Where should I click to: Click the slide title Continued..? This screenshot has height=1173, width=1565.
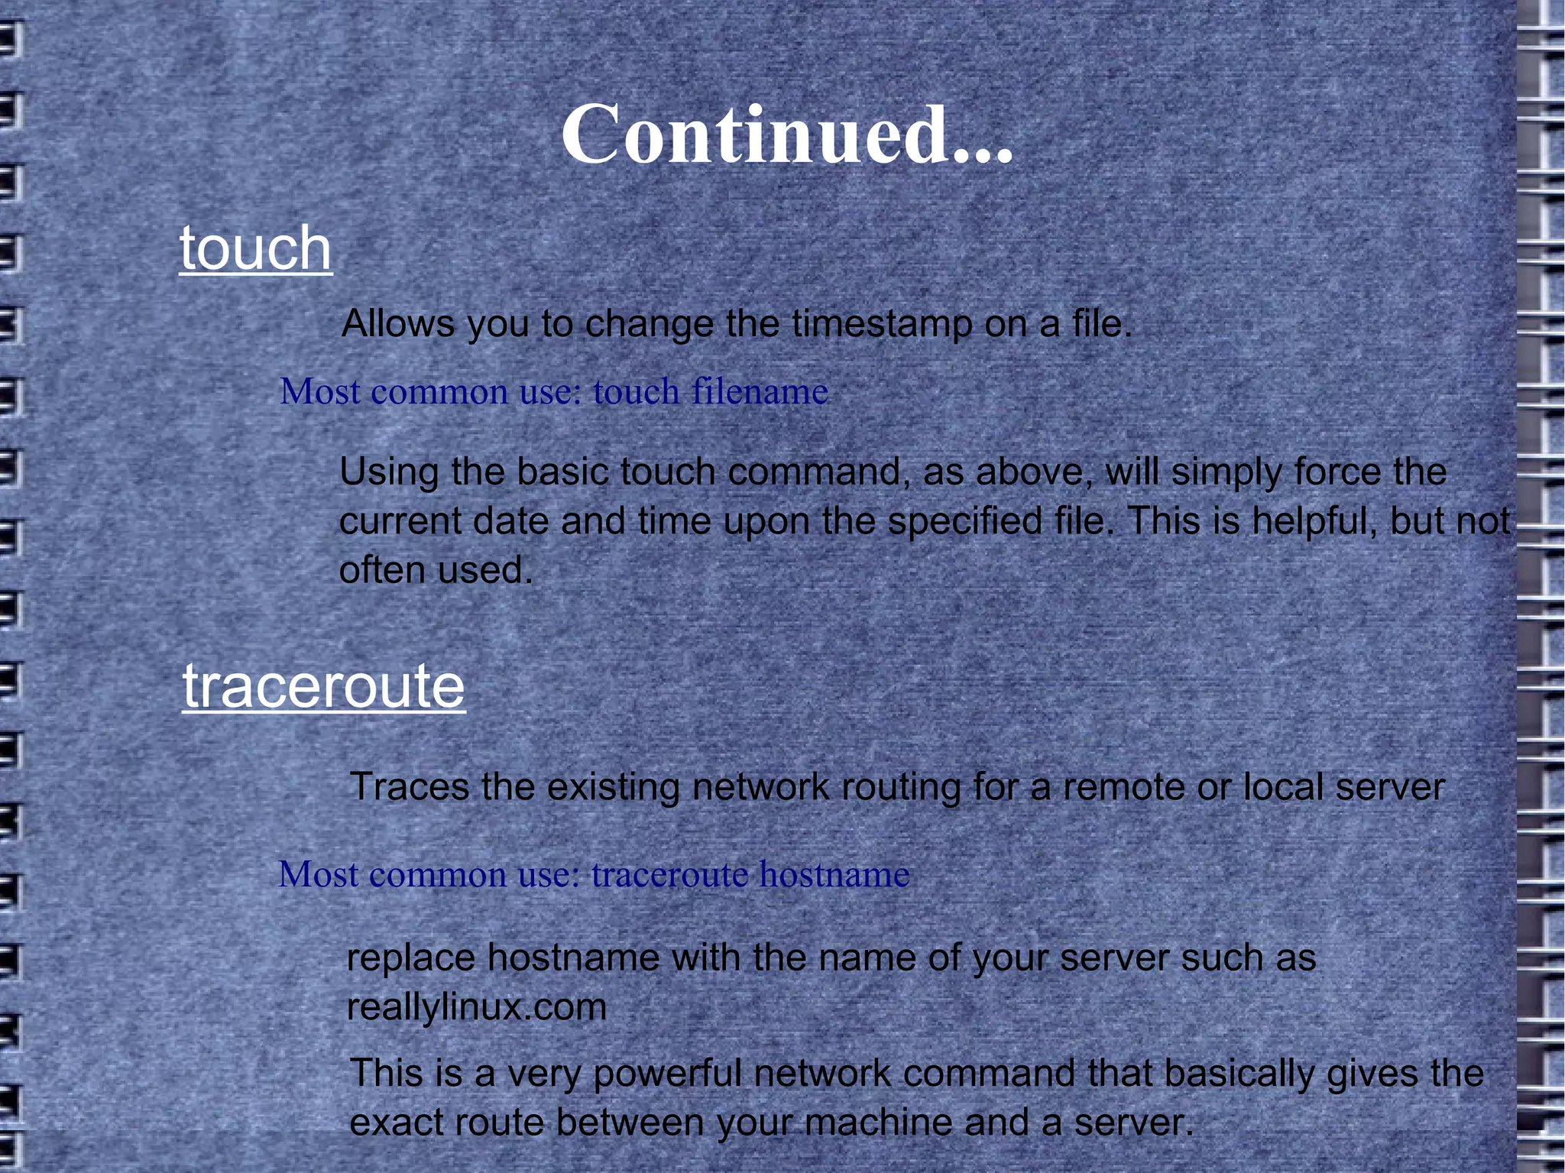[x=787, y=135]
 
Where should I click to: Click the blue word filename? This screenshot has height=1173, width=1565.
[x=760, y=392]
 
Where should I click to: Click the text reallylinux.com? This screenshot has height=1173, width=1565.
[x=477, y=1007]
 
